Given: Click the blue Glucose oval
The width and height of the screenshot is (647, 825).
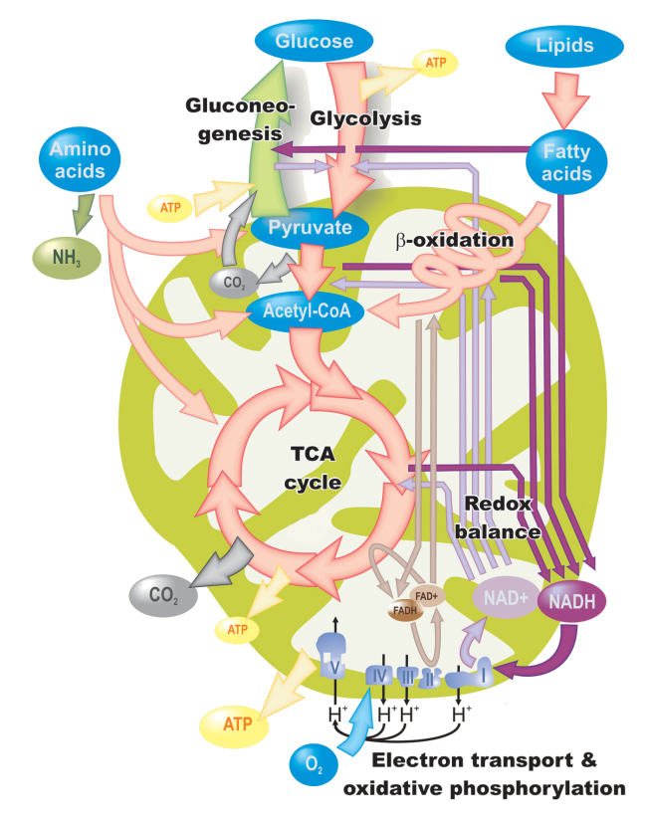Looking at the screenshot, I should click(315, 42).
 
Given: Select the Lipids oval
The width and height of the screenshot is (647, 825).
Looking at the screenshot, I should click(564, 45).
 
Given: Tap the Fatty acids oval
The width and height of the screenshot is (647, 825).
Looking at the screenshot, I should click(567, 162).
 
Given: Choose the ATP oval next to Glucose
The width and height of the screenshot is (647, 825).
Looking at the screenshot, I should click(435, 63).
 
